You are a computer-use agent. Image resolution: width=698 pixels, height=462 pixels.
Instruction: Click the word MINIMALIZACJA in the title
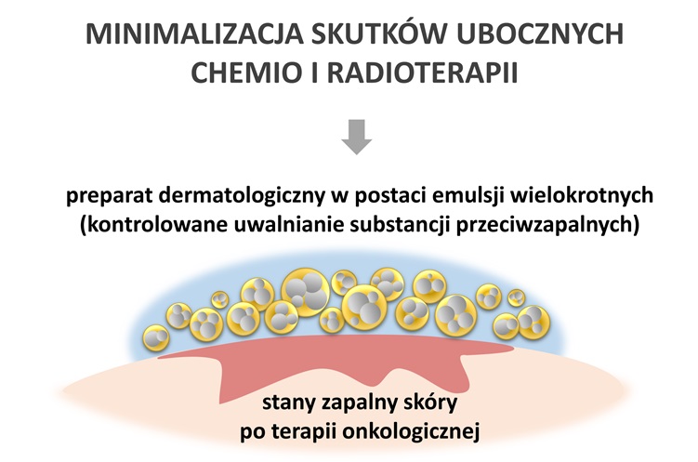[193, 33]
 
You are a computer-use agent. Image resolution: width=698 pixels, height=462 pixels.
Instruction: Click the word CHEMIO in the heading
[246, 73]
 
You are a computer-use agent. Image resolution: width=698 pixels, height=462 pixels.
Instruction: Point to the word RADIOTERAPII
[423, 73]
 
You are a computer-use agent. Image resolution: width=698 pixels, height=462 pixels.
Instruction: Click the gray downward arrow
[357, 137]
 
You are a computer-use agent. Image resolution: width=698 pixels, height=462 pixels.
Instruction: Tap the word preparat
[109, 197]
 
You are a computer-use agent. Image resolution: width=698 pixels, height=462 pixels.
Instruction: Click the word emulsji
[472, 196]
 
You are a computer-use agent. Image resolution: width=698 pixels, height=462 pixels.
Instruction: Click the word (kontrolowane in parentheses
[153, 225]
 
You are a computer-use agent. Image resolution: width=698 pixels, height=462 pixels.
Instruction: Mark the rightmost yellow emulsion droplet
[533, 322]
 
